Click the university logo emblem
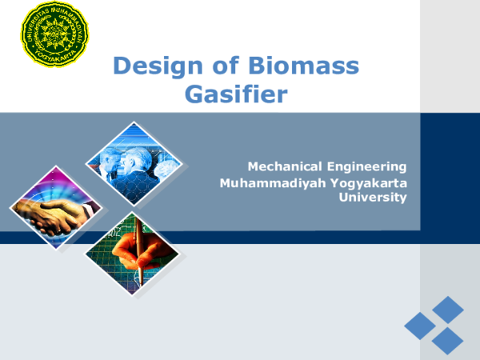click(x=54, y=33)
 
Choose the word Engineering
click(x=365, y=166)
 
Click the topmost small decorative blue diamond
click(x=447, y=309)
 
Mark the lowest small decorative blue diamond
click(x=447, y=341)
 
